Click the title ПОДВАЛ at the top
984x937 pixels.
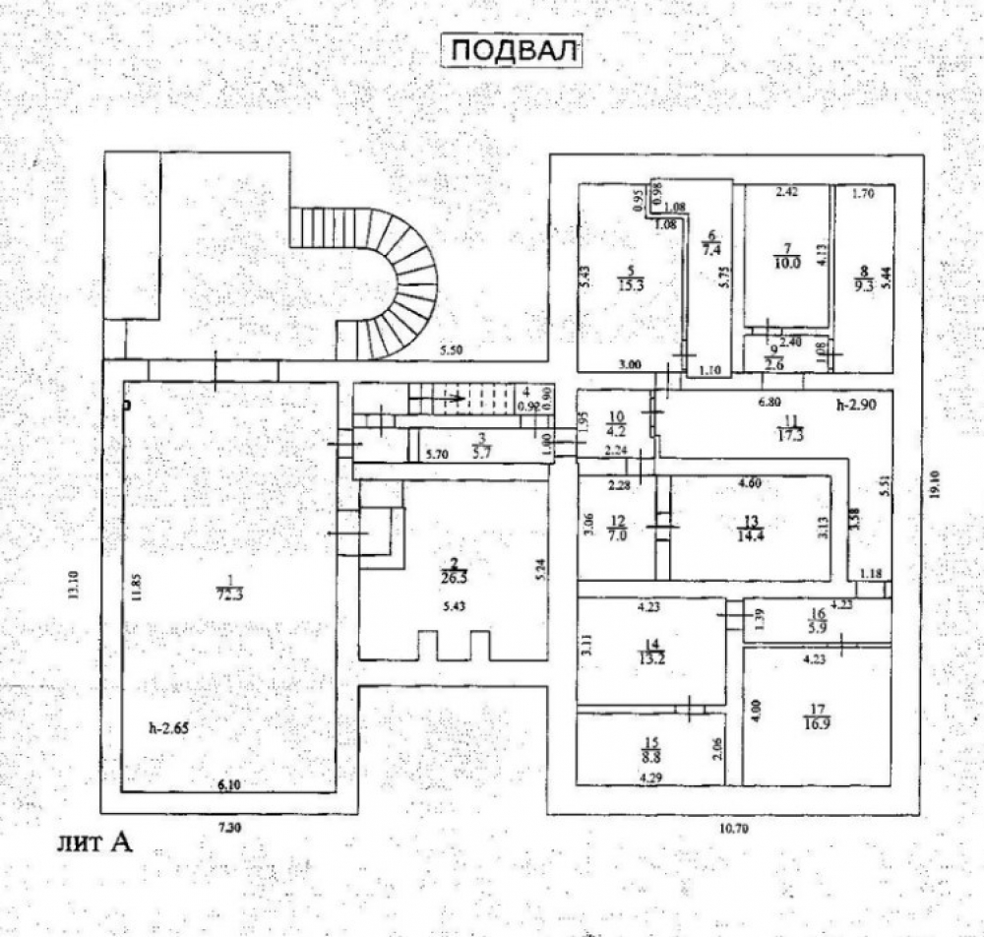tap(510, 50)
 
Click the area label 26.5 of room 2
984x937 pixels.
tap(453, 574)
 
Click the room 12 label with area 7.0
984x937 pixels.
tap(617, 530)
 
